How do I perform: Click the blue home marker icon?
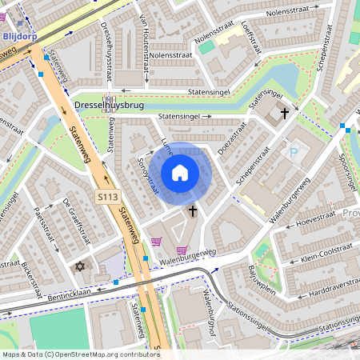[180, 172]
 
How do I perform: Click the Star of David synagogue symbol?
[79, 266]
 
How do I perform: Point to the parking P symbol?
[293, 152]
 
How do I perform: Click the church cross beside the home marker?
[192, 211]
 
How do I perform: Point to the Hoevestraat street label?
[316, 222]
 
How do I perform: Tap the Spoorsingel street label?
[346, 171]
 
